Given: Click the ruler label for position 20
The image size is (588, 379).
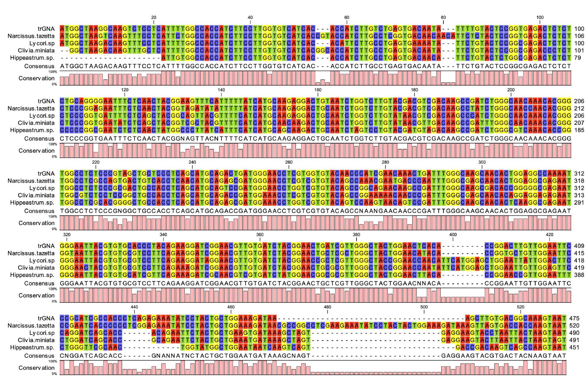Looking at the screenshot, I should coord(153,17).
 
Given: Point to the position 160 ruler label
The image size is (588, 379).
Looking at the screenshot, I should coord(318,90).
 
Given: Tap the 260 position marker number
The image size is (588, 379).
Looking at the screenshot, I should coord(289,162).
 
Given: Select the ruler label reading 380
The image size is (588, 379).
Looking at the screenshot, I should coord(356,235).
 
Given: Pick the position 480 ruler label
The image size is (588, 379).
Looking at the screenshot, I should coord(327,307).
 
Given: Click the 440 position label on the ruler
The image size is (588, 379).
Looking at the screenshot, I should coord(134,307).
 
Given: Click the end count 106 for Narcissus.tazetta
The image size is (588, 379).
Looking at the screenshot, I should coord(579,36).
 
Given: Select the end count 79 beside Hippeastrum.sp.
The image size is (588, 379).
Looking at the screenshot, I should coord(577,58).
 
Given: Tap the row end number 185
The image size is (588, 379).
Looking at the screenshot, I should coord(579,130).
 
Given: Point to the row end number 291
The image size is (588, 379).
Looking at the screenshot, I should coord(579,203).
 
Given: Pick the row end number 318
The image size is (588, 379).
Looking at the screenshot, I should coord(579,181).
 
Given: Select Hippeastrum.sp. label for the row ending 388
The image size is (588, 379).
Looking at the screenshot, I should coord(32,275).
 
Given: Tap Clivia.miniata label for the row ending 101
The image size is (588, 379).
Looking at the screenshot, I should coord(36,51).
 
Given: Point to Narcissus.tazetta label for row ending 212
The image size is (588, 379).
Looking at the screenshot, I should coord(31,109).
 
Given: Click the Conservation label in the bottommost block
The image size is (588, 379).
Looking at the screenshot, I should coord(37,368).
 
